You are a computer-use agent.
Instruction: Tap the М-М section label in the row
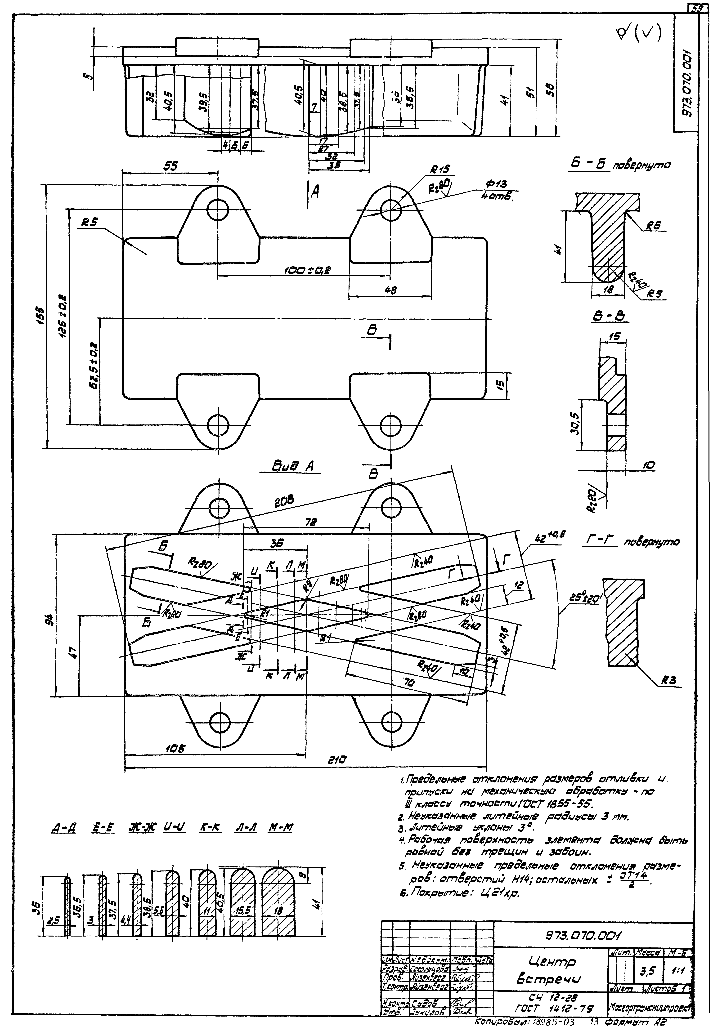click(x=280, y=827)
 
